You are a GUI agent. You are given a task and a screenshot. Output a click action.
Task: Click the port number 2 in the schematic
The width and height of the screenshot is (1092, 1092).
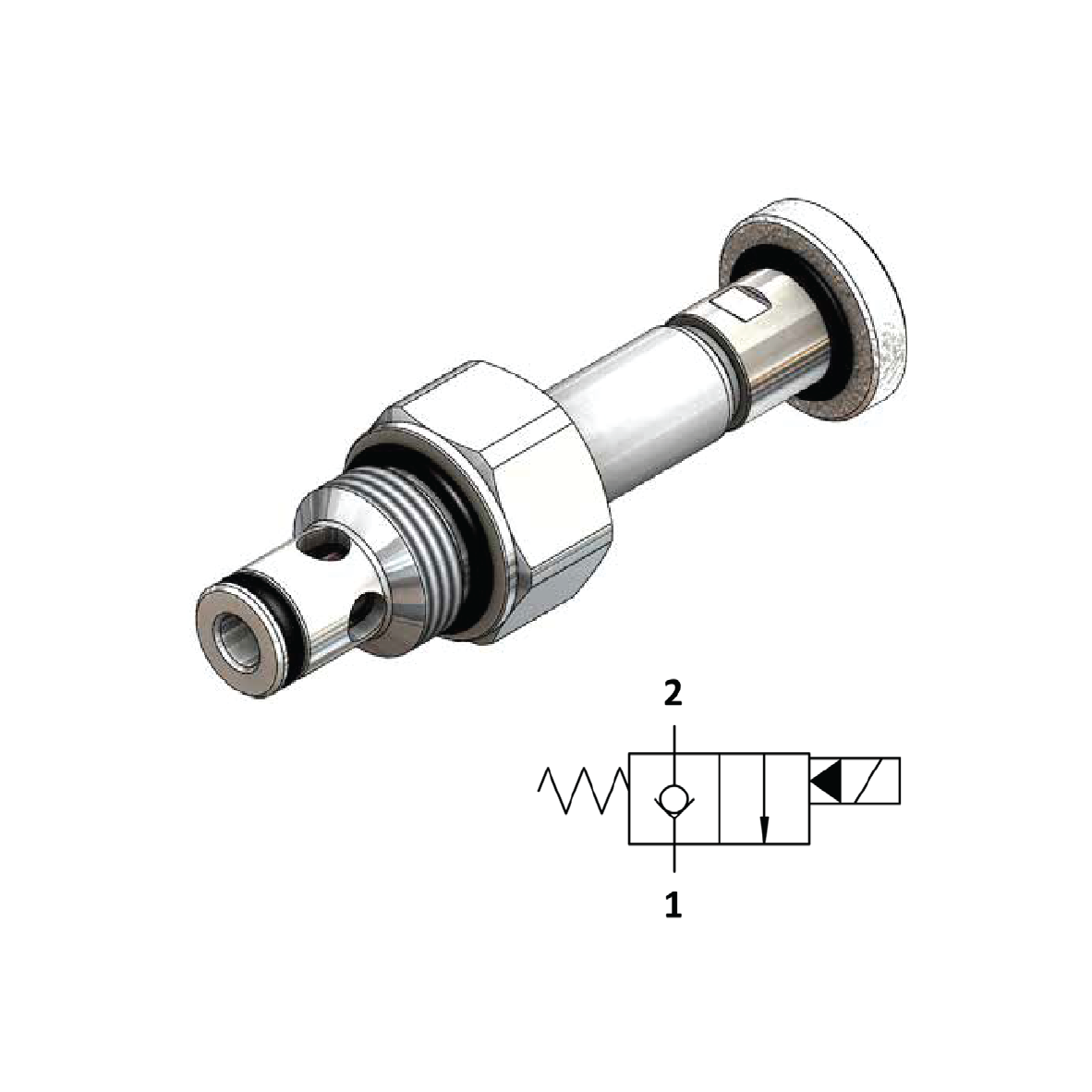click(x=673, y=694)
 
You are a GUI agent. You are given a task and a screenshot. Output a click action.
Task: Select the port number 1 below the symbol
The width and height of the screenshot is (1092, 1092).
click(x=673, y=905)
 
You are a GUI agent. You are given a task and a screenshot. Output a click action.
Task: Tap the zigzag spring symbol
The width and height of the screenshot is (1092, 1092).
click(x=582, y=792)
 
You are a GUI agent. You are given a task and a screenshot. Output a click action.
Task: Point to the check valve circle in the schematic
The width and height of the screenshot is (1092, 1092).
click(x=673, y=796)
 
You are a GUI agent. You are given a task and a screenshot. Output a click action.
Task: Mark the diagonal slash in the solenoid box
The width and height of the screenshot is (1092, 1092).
click(x=868, y=781)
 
